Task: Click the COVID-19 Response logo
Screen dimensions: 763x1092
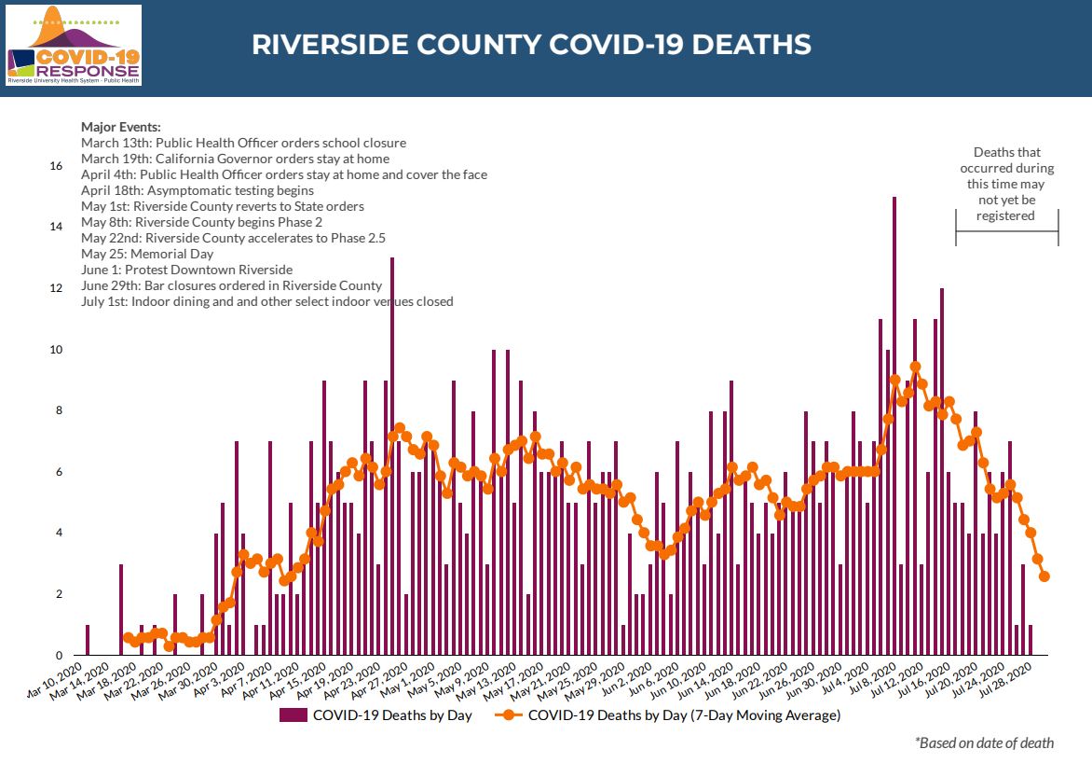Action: tap(74, 45)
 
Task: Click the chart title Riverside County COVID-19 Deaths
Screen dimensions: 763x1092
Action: tap(531, 45)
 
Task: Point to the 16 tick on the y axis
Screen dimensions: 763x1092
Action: tap(56, 166)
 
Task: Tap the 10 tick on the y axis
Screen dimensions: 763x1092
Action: tap(56, 350)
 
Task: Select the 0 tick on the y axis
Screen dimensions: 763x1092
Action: tap(59, 656)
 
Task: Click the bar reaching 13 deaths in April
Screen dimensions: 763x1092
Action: tap(392, 456)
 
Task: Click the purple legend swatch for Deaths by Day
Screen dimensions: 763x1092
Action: tap(293, 715)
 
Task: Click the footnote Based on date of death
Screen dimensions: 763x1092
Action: tap(984, 743)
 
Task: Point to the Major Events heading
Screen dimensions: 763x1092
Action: tap(121, 127)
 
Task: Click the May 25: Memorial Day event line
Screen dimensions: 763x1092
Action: tap(147, 254)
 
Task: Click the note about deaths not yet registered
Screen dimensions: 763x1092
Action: tap(1006, 184)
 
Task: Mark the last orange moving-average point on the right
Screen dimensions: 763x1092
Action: tap(1044, 576)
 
